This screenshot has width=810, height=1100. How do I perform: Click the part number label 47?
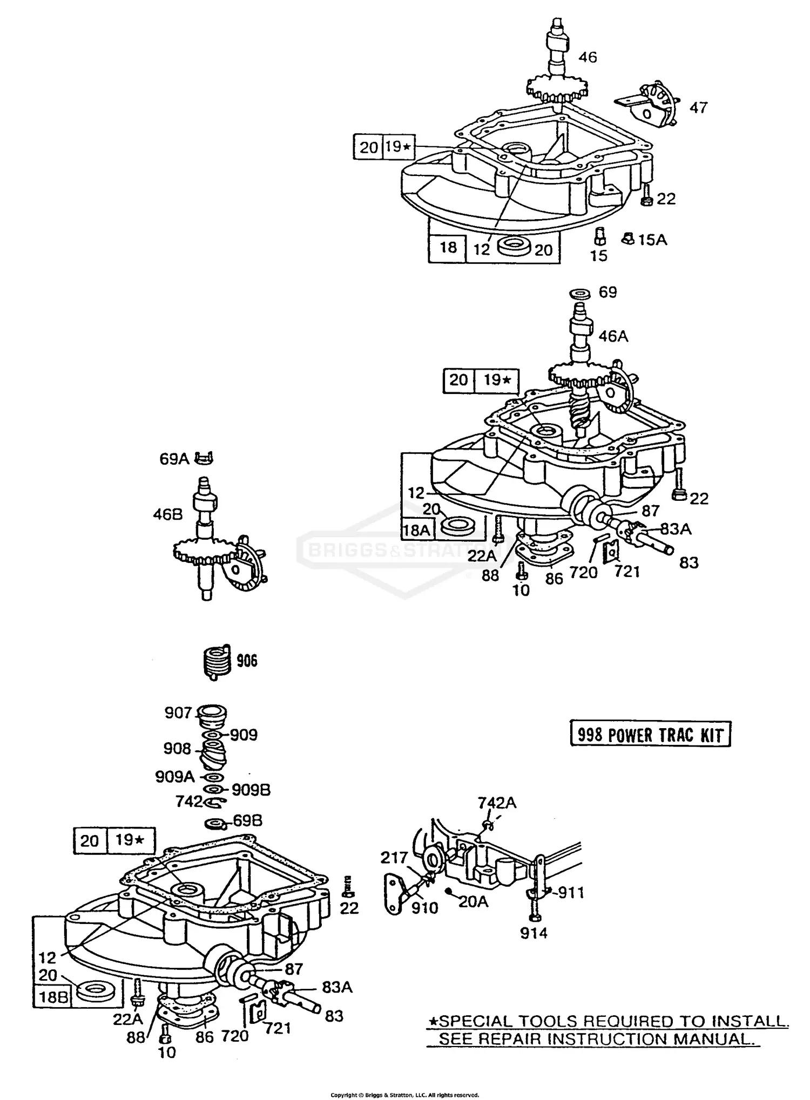click(698, 108)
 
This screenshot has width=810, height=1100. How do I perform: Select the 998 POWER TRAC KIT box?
click(650, 735)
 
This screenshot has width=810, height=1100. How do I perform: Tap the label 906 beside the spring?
click(247, 661)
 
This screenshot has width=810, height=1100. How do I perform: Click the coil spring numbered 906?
click(217, 662)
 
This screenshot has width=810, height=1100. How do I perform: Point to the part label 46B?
click(167, 514)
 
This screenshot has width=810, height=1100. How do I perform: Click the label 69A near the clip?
click(174, 459)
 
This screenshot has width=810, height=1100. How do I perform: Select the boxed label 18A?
click(416, 530)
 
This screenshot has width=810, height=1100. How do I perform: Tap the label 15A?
click(652, 240)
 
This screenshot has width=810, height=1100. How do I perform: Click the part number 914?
click(534, 933)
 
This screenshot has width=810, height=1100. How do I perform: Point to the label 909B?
click(251, 790)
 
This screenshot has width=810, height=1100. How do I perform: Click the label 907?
click(178, 713)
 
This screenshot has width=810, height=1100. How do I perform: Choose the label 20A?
click(473, 901)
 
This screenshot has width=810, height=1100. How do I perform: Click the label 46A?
click(613, 336)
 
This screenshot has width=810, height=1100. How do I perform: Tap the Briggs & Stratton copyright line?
click(404, 1095)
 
